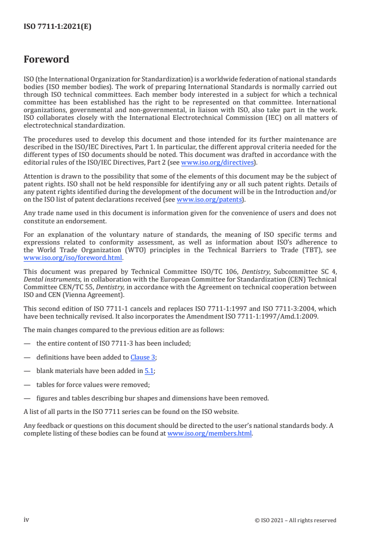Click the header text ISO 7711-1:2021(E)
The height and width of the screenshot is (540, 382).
click(x=57, y=27)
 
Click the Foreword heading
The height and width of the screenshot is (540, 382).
click(x=46, y=60)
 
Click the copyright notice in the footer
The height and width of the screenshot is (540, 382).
click(x=295, y=520)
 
